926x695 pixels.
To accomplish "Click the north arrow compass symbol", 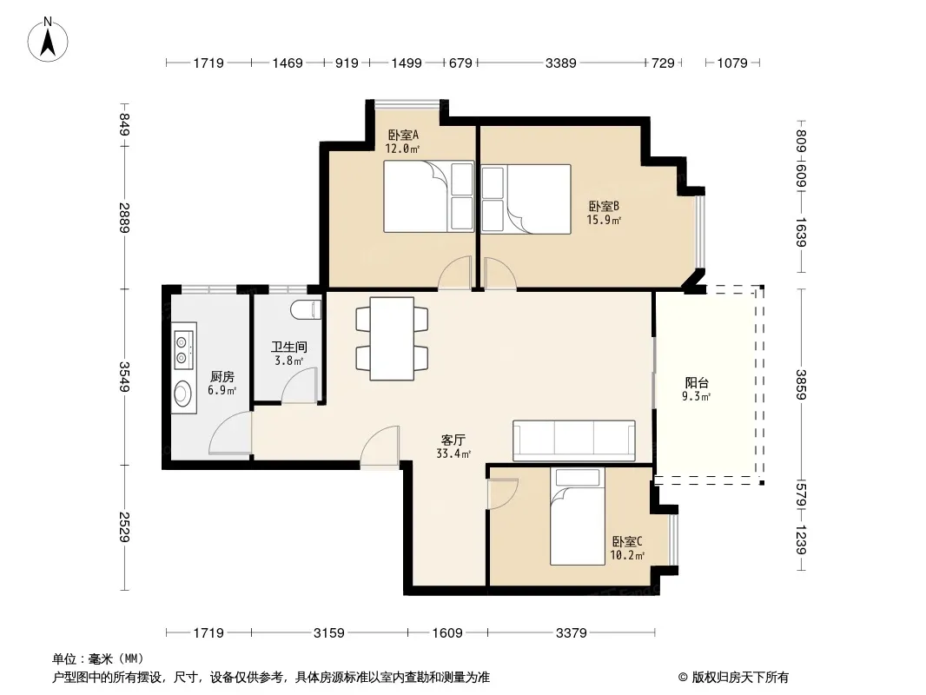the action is click(x=48, y=40).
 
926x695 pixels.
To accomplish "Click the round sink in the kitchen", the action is click(x=183, y=393).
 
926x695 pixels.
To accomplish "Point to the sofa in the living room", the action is click(x=574, y=440).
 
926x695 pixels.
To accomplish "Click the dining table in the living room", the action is click(x=392, y=339).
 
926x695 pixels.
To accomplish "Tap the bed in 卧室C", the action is click(x=578, y=516).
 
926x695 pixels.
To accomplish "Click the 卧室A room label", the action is click(x=403, y=135).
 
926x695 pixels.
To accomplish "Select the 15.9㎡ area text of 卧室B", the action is click(x=604, y=221).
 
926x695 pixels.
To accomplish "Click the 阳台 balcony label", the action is click(x=697, y=382).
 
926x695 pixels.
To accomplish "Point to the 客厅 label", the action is click(x=453, y=440).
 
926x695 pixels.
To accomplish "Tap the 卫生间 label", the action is click(x=288, y=347).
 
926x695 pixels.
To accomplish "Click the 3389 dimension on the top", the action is click(x=560, y=63).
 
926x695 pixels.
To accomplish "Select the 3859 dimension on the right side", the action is click(x=801, y=384).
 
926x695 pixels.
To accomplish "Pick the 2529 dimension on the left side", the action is click(x=124, y=526).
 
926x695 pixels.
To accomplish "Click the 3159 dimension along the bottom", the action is click(x=329, y=633).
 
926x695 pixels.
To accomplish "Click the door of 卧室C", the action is click(x=503, y=493).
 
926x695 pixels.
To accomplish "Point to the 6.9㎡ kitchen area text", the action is click(x=222, y=390).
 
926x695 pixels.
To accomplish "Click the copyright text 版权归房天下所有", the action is click(x=740, y=678).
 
